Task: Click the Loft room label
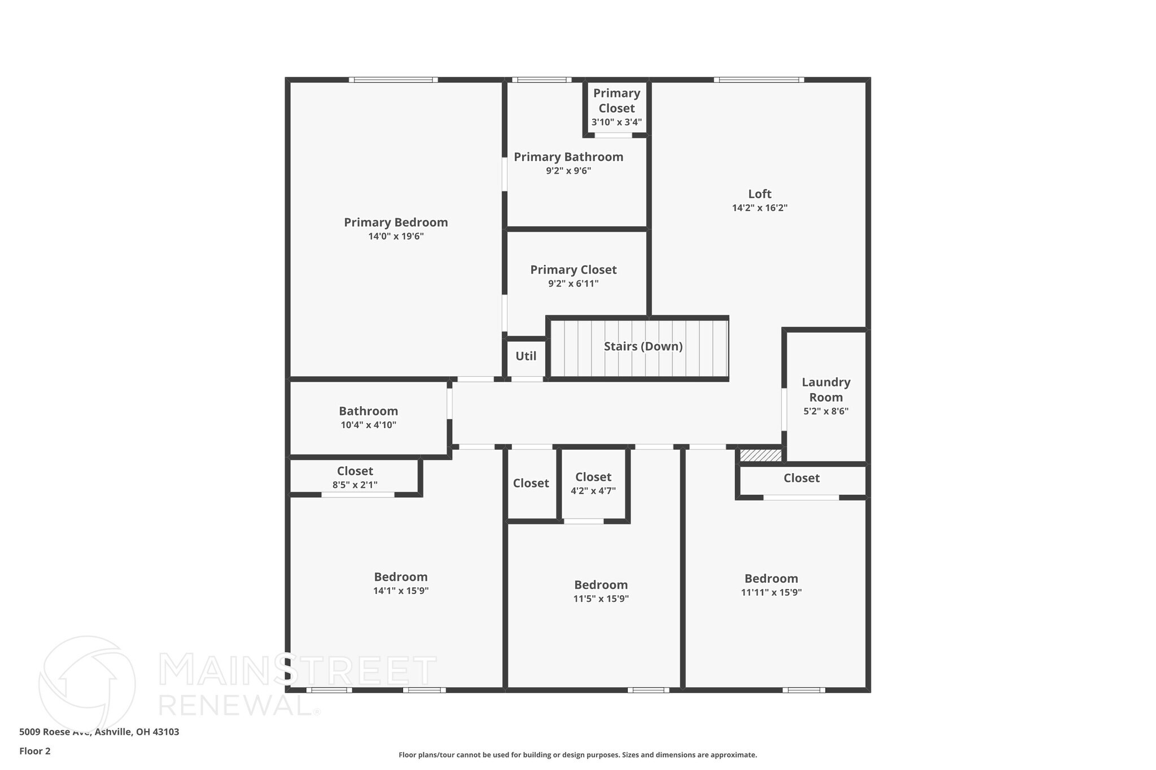click(759, 194)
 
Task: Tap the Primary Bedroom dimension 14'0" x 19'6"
click(396, 236)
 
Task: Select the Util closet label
click(526, 357)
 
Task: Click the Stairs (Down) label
click(643, 346)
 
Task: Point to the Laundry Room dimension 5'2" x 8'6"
click(826, 411)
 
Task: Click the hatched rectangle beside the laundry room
click(760, 455)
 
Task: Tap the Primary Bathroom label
click(568, 157)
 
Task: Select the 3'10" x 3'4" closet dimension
click(616, 122)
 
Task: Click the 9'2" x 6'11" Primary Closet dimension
click(573, 284)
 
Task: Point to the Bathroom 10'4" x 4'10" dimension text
click(368, 425)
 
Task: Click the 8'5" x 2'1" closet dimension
click(354, 485)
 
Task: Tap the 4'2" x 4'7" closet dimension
click(593, 491)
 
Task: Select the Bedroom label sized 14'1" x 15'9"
click(401, 577)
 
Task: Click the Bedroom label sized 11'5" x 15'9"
click(601, 585)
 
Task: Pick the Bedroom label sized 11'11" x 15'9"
click(771, 579)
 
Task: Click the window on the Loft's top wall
click(759, 80)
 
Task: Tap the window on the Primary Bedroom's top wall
click(393, 80)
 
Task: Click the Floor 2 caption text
click(35, 751)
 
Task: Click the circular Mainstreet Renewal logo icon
click(87, 683)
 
